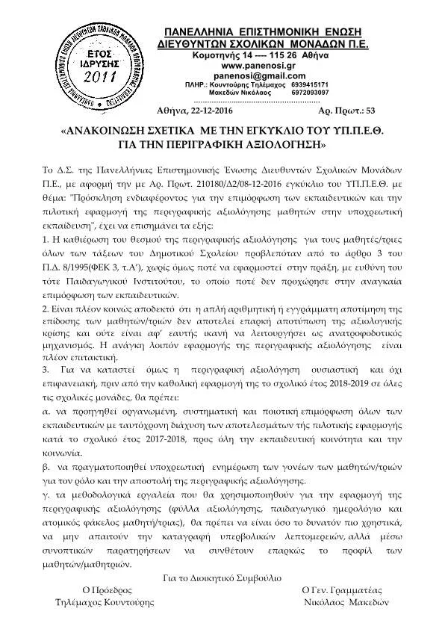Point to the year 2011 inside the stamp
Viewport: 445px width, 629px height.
[99, 77]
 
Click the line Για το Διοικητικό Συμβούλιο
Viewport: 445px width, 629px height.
[222, 577]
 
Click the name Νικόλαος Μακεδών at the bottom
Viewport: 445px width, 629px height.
[343, 602]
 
